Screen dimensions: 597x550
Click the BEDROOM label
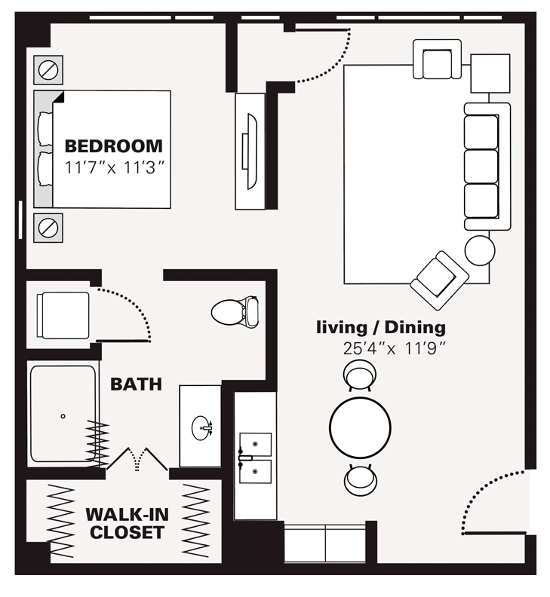pyautogui.click(x=113, y=145)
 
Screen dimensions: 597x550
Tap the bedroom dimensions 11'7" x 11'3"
pyautogui.click(x=113, y=167)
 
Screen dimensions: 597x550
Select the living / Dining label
pyautogui.click(x=381, y=328)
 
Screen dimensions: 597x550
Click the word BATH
pyautogui.click(x=136, y=384)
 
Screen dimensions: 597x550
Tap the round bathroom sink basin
pyautogui.click(x=202, y=427)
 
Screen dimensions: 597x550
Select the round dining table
pyautogui.click(x=360, y=427)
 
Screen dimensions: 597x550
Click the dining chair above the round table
pyautogui.click(x=359, y=375)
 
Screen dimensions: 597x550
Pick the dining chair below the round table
pyautogui.click(x=359, y=479)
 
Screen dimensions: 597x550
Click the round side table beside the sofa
pyautogui.click(x=480, y=250)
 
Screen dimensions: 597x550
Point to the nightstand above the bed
pyautogui.click(x=48, y=70)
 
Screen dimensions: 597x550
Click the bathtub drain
pyautogui.click(x=63, y=415)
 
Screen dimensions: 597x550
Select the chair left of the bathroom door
pyautogui.click(x=63, y=314)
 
